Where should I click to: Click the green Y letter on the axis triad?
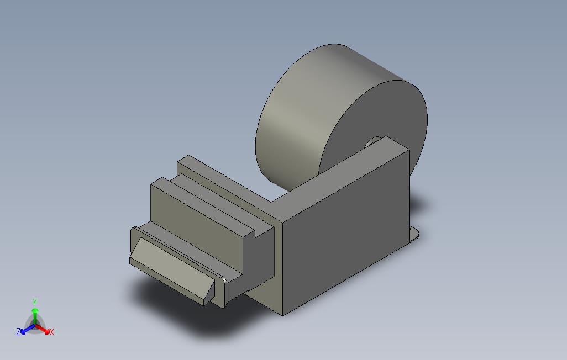tap(35, 302)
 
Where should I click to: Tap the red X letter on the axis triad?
tap(51, 332)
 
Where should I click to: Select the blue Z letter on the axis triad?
tap(18, 332)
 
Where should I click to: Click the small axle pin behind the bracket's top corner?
tap(371, 142)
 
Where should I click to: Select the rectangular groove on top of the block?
tap(221, 207)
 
